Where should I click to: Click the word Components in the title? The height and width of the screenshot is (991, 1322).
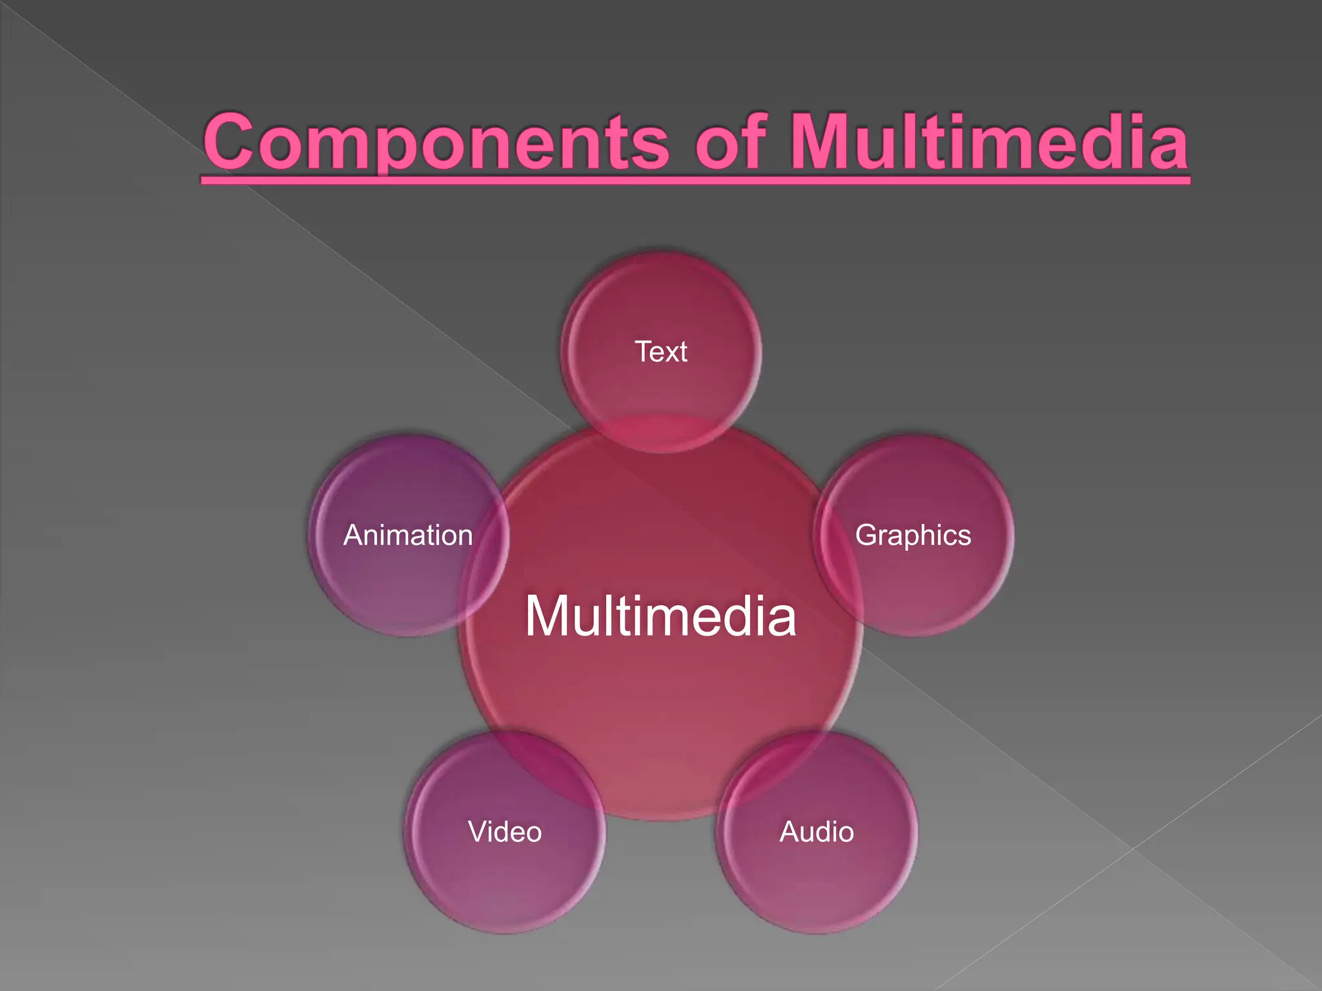click(x=436, y=143)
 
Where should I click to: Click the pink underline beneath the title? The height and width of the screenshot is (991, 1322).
click(x=695, y=180)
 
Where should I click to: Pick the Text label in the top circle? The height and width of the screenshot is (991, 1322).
click(x=661, y=352)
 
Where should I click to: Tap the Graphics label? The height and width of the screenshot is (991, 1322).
click(x=913, y=536)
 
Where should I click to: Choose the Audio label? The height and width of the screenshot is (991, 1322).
click(x=817, y=832)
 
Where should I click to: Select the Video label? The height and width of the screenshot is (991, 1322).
click(x=505, y=832)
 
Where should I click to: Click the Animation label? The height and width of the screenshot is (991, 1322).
click(x=408, y=536)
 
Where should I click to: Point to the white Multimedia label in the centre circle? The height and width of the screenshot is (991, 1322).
click(x=660, y=617)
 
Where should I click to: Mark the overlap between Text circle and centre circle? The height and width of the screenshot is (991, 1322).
click(x=661, y=434)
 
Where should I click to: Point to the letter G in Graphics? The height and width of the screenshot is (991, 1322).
click(x=866, y=536)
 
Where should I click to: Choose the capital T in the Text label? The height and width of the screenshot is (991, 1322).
click(x=644, y=352)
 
